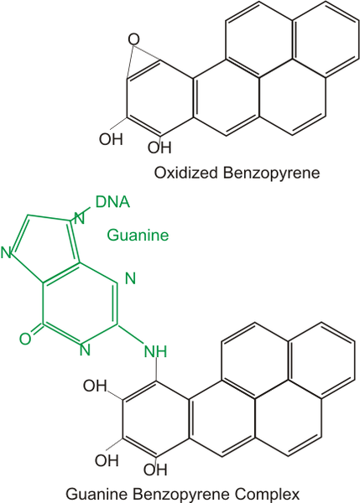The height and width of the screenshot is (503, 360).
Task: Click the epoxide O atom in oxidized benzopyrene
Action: point(133,39)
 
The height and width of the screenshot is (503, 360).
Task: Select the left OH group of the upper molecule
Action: point(111,139)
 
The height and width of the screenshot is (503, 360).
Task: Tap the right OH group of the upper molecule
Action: point(159,148)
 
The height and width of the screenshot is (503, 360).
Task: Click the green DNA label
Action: point(112,202)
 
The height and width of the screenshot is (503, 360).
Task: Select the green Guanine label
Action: point(138,235)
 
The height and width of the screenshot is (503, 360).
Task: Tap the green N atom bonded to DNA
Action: point(79,218)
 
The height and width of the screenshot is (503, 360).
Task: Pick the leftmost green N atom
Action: point(6,253)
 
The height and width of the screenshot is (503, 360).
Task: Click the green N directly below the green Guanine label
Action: point(130,278)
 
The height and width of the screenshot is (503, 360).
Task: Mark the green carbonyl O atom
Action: point(25,339)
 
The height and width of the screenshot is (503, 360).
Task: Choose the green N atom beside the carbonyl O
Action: point(85,350)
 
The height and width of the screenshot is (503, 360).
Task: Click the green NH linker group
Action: point(155,351)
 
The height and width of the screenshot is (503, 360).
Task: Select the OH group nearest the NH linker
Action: point(95,386)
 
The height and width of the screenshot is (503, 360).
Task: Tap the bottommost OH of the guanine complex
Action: point(155,470)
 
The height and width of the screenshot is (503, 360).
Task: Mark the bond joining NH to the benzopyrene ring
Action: point(156,370)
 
